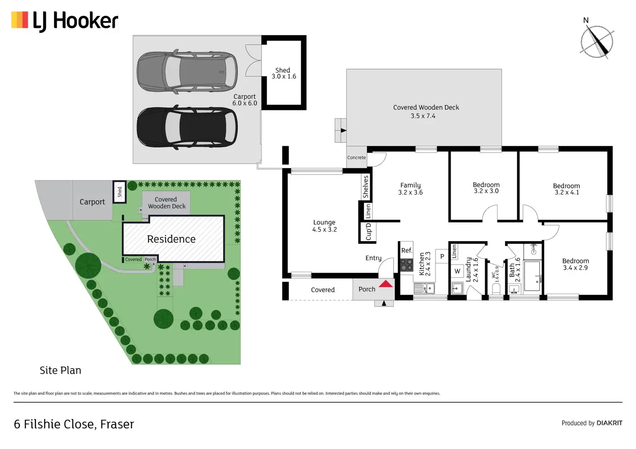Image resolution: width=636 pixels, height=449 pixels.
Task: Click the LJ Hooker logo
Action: [x=65, y=21]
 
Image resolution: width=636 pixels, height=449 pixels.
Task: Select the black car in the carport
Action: [x=187, y=127]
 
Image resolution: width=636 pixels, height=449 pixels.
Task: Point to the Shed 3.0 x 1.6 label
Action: [x=283, y=73]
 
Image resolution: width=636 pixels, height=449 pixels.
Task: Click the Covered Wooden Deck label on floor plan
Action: [x=426, y=111]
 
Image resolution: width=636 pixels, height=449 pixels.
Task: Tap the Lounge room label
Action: [x=324, y=226]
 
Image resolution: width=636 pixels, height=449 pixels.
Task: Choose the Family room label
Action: [x=410, y=189]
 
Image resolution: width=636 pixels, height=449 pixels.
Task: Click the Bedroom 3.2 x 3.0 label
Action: [x=486, y=188]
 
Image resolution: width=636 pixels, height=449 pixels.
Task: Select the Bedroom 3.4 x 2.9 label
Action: [x=575, y=264]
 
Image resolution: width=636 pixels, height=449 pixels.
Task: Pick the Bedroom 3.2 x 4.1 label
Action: [x=566, y=189]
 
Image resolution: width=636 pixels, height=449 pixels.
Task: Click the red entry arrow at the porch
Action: [x=386, y=283]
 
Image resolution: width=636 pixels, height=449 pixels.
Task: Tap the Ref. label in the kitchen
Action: [x=407, y=250]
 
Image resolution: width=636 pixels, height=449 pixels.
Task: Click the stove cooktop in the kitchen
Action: [x=406, y=265]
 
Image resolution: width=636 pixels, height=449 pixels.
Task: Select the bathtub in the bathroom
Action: [x=532, y=276]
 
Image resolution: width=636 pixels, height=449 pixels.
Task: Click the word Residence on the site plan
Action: [x=171, y=239]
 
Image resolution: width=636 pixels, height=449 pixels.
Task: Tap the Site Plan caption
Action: [x=60, y=370]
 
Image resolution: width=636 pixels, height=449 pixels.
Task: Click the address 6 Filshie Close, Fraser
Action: [x=74, y=424]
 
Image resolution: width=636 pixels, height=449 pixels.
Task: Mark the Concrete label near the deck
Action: [x=356, y=158]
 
